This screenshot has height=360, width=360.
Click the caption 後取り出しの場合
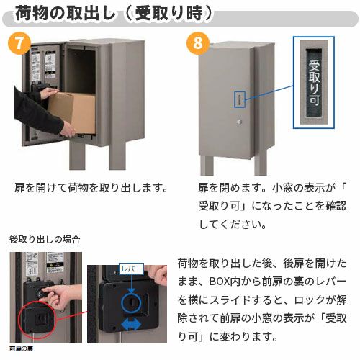44,238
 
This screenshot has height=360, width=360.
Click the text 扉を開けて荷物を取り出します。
91,188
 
